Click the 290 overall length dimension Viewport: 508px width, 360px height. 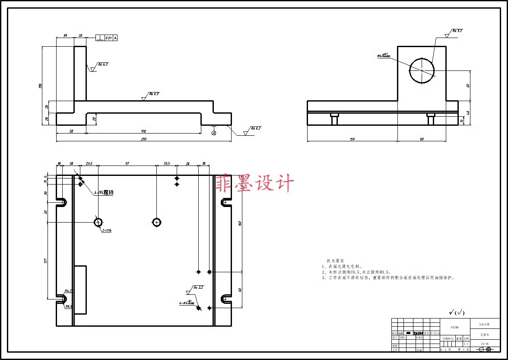[143, 139]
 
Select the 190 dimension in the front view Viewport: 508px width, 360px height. [143, 131]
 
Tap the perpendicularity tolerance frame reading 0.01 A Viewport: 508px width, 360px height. [106, 38]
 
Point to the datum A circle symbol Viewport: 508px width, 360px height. [213, 134]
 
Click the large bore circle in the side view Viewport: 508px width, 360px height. [422, 70]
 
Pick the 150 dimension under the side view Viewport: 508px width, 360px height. [352, 139]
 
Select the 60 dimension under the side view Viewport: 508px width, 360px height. [422, 139]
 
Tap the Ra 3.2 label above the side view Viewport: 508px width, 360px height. [457, 31]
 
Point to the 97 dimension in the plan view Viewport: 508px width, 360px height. [127, 164]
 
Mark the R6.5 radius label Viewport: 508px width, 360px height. [68, 306]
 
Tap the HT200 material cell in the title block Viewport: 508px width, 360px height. [454, 328]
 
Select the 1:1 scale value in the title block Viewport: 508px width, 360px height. [466, 344]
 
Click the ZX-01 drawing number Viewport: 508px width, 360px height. [485, 344]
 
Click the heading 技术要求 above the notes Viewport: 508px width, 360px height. [335, 261]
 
